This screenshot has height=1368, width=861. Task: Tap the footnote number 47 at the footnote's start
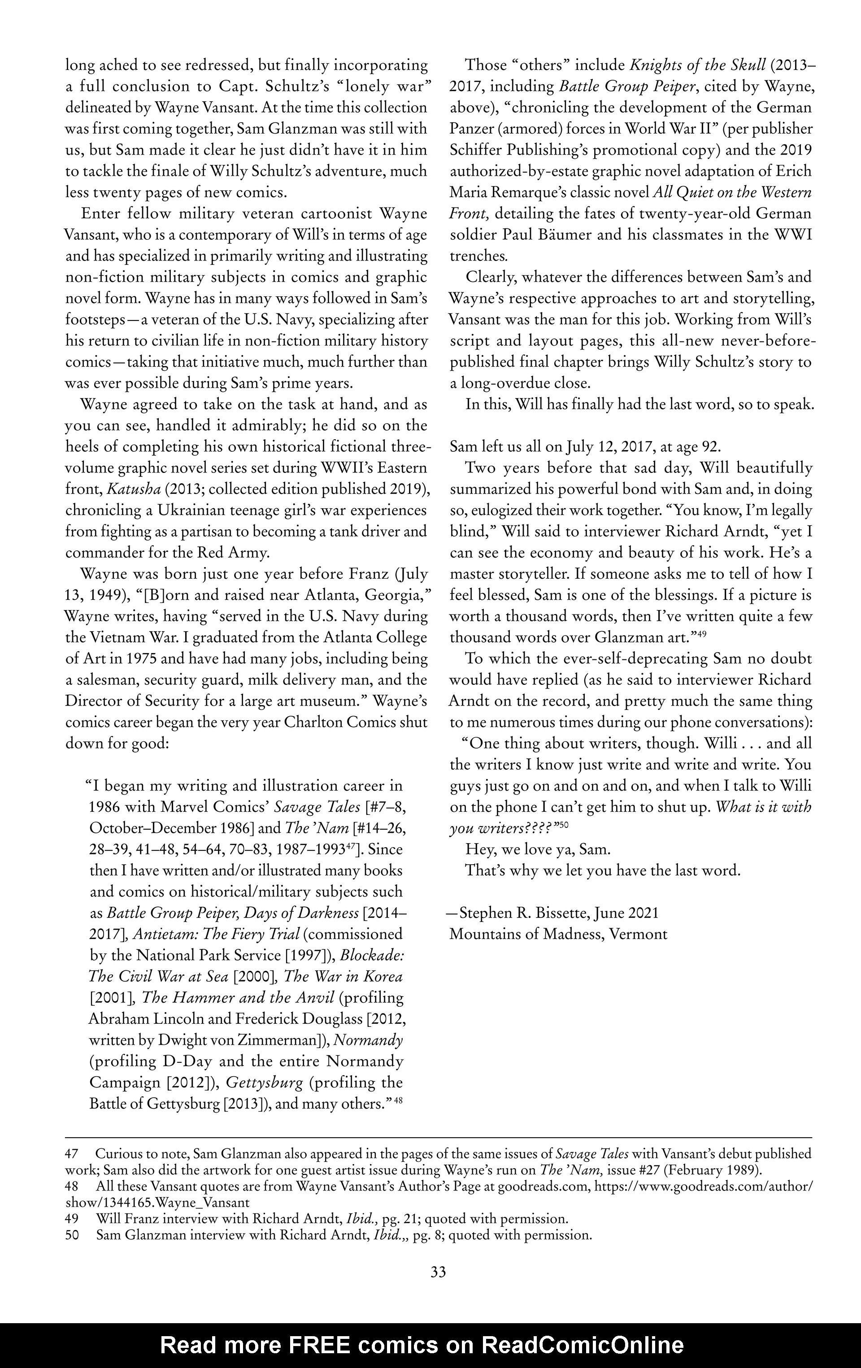coord(72,1154)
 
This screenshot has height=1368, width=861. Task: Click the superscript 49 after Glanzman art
coord(702,634)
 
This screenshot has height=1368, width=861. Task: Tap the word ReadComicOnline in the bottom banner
coord(583,1345)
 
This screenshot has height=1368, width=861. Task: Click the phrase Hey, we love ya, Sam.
coord(538,850)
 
